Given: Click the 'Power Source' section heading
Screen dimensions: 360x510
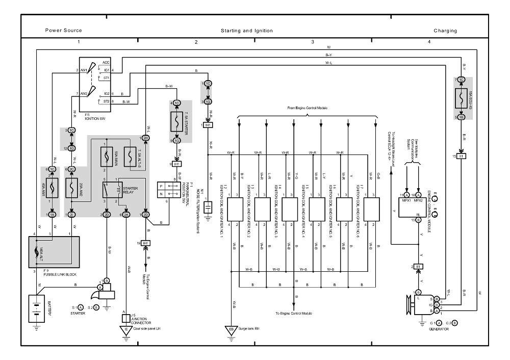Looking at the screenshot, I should [x=63, y=31].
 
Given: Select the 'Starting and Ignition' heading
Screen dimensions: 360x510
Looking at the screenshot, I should [x=246, y=31].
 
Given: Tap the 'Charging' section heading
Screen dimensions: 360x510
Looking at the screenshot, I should [x=445, y=31].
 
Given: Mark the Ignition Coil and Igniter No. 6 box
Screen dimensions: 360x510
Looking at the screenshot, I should [x=371, y=209].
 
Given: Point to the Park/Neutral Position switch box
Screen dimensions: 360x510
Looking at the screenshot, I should [x=166, y=188].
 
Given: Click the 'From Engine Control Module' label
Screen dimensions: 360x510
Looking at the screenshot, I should [x=308, y=109].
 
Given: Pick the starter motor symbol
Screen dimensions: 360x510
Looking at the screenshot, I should [x=105, y=293].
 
